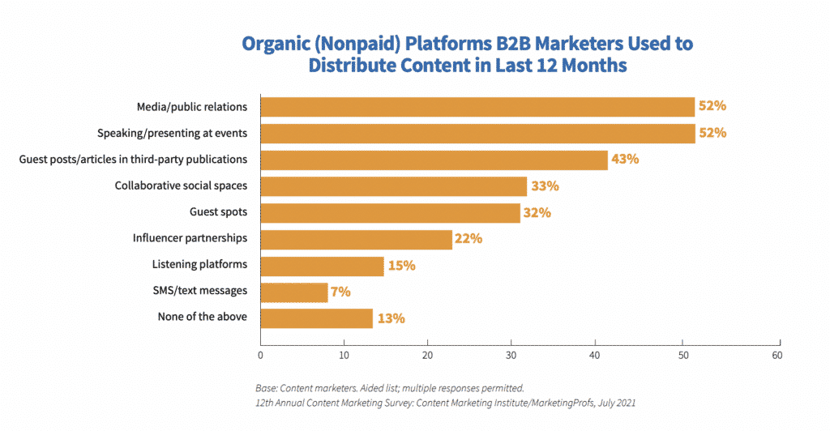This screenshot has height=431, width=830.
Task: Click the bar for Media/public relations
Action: click(x=477, y=107)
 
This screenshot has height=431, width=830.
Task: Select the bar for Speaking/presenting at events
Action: click(x=477, y=133)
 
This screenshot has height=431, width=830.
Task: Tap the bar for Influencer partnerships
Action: click(x=356, y=239)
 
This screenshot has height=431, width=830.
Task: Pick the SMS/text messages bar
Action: click(x=294, y=292)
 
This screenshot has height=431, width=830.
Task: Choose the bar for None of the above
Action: click(x=316, y=318)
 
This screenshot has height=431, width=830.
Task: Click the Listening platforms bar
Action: click(x=322, y=265)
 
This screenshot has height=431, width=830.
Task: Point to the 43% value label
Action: click(x=625, y=160)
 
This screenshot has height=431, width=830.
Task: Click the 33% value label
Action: click(x=544, y=186)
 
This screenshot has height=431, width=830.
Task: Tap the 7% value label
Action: click(x=340, y=292)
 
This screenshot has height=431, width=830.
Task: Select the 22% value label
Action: click(x=468, y=239)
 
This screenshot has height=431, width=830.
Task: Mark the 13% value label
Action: click(x=391, y=318)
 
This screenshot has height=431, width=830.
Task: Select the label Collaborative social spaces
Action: click(x=181, y=186)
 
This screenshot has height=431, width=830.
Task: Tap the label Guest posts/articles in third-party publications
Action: click(x=133, y=160)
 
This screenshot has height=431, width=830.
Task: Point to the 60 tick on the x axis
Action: click(x=779, y=354)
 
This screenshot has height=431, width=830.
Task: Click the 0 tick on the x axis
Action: click(x=261, y=354)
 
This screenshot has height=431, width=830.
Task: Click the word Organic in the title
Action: click(x=276, y=42)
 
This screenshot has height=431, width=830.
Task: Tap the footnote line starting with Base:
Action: click(x=389, y=387)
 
